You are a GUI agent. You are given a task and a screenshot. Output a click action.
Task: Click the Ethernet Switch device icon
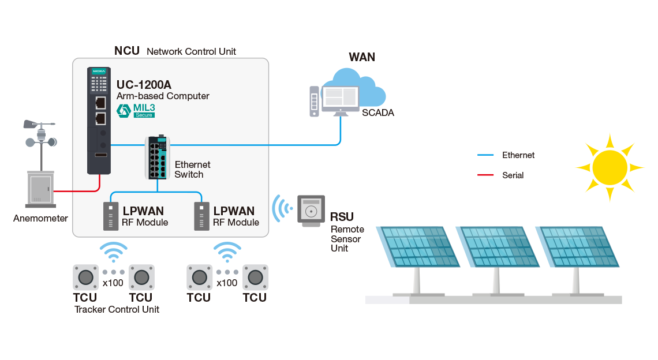(x=156, y=158)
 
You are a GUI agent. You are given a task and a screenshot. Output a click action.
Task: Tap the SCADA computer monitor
(x=341, y=99)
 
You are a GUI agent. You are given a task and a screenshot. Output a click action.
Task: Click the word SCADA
(x=378, y=113)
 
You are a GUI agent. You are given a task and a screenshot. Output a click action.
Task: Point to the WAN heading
(x=362, y=57)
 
